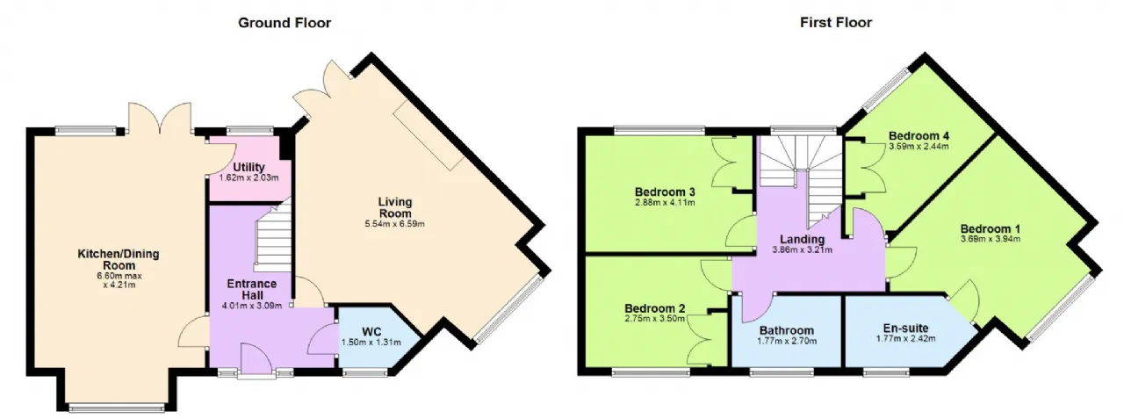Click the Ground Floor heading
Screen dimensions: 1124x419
(285, 23)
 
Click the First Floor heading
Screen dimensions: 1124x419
(836, 23)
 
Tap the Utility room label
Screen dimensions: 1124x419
(249, 167)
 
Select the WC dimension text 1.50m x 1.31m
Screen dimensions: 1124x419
(371, 343)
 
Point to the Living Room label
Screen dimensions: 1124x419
(395, 207)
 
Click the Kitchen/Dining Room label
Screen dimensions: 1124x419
(119, 259)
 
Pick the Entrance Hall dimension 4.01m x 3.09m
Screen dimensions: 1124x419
(252, 306)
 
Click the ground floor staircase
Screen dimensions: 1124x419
(274, 237)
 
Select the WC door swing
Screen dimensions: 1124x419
(322, 340)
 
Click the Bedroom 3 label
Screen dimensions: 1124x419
(665, 192)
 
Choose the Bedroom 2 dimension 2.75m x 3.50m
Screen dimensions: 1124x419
(655, 319)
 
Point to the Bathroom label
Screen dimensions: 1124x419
(786, 330)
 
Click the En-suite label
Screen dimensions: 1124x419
(905, 329)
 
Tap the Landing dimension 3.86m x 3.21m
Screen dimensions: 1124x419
(803, 249)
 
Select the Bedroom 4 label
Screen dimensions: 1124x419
(919, 136)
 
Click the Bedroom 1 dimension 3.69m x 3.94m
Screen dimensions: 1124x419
(991, 239)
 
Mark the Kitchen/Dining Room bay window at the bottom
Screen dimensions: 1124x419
(117, 407)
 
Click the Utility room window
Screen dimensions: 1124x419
(249, 131)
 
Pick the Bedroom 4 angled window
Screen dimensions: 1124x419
(887, 90)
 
